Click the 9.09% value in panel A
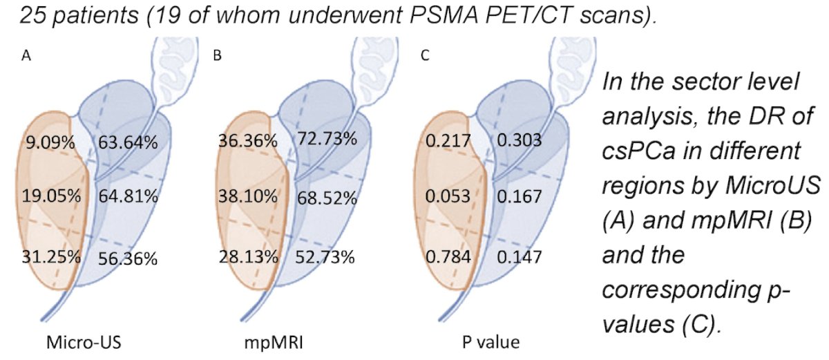(50, 142)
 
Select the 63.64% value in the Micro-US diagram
(128, 142)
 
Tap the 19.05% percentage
(51, 196)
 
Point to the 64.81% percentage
(128, 196)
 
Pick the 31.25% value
(51, 257)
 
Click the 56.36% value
(128, 258)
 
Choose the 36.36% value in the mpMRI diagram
(248, 141)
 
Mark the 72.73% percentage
(327, 139)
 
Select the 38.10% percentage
(248, 196)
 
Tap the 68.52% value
(327, 198)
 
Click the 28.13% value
(248, 257)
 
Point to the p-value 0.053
(448, 196)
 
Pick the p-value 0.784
(448, 257)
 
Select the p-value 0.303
(520, 140)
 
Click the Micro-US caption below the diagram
(84, 342)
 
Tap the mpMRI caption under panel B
(274, 343)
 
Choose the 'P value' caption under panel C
(490, 342)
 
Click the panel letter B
(217, 55)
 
